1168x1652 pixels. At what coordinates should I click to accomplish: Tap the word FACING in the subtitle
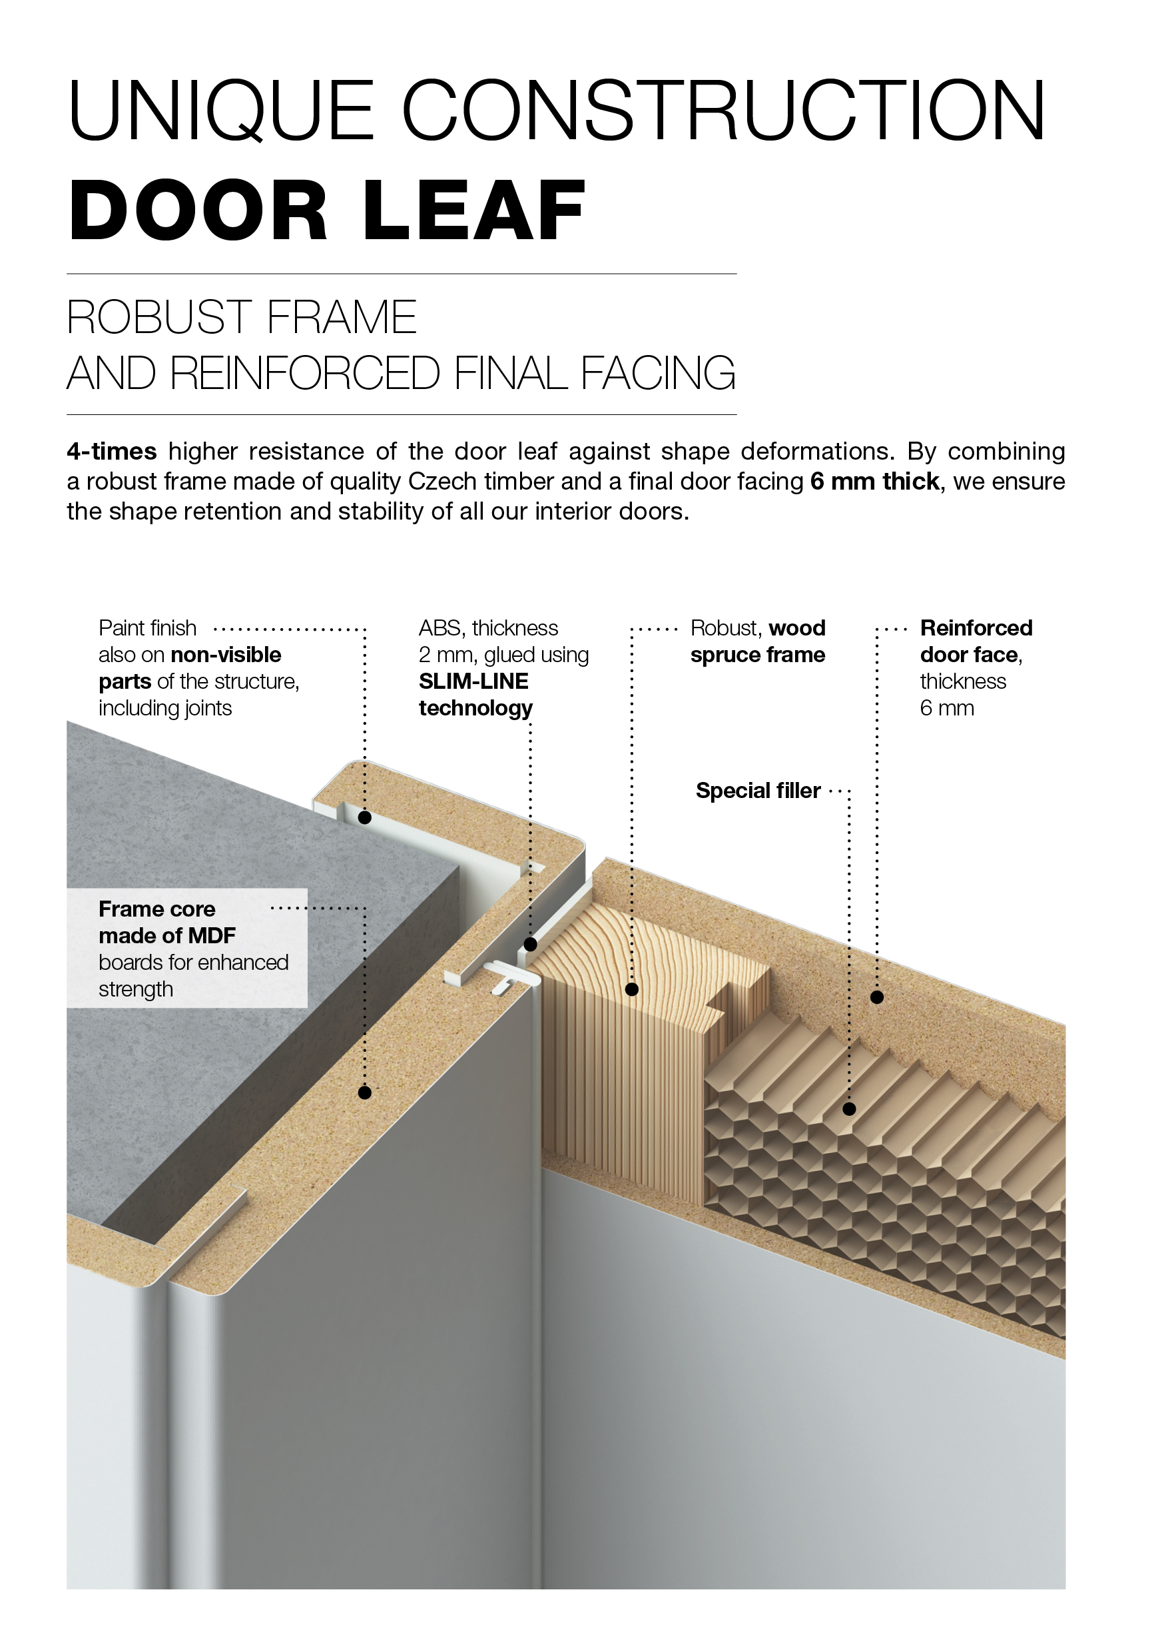pos(658,374)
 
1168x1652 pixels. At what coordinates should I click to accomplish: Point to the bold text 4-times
pos(111,452)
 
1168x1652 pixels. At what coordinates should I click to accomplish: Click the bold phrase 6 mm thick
pos(874,482)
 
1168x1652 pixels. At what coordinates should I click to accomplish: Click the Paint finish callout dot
pos(365,817)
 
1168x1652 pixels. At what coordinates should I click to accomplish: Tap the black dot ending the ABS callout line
pos(530,945)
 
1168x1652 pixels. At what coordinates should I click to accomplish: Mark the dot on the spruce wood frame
pos(631,989)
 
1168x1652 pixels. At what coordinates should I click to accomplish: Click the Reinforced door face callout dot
pos(877,997)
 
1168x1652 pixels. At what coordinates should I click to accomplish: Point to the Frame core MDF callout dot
pos(365,1092)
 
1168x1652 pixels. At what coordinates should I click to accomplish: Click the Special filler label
pos(758,791)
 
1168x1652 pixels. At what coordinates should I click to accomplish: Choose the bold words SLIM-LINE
pos(473,681)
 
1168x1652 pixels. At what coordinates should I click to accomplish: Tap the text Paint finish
pos(147,628)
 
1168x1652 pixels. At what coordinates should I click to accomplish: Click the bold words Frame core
pos(156,909)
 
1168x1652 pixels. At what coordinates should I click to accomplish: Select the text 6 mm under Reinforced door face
pos(947,708)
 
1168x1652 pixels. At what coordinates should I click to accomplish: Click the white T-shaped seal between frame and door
pos(513,977)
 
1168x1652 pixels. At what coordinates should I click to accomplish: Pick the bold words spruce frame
pos(758,655)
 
